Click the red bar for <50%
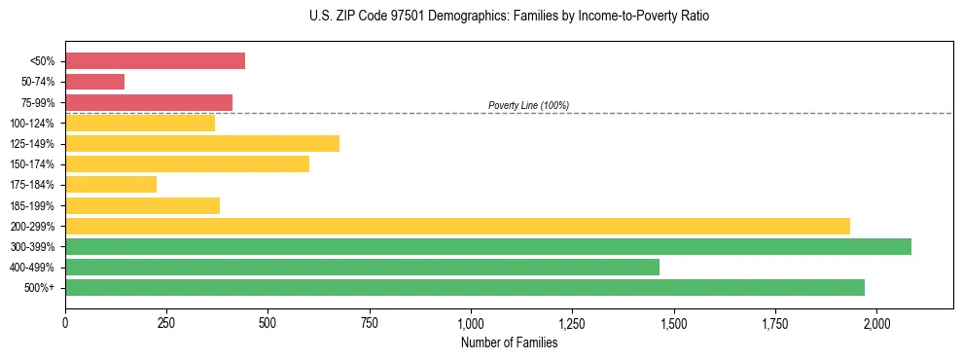coord(155,61)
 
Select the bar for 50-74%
coord(94,82)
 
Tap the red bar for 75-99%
coord(149,102)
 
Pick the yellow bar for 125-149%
coord(202,144)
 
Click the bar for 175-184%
coord(111,185)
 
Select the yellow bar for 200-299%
coord(457,226)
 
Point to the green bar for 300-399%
coord(488,246)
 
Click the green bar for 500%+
coord(465,288)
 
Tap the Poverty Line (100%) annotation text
coord(528,105)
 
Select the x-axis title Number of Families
coord(510,342)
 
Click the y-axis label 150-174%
coord(32,164)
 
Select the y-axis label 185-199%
coord(32,205)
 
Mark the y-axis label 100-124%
coord(32,124)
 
